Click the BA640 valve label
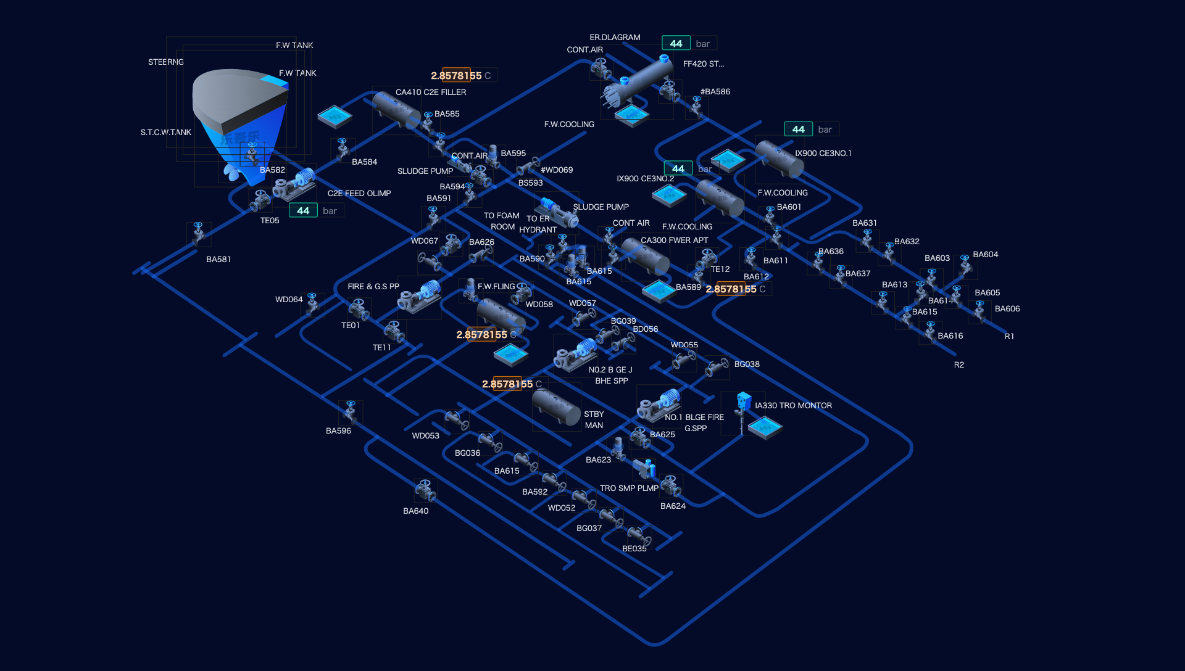tap(415, 511)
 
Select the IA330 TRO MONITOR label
tap(793, 405)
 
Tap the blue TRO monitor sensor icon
tap(744, 401)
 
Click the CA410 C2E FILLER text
tap(431, 92)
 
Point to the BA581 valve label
tap(218, 259)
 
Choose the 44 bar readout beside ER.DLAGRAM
tap(689, 43)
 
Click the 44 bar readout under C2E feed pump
tap(315, 210)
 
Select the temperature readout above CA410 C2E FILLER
tap(462, 75)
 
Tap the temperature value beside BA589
tap(736, 289)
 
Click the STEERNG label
tap(165, 62)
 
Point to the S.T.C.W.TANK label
tap(165, 132)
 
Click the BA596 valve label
tap(338, 430)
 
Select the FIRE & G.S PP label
tap(373, 286)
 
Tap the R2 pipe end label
tap(958, 364)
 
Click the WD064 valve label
tap(289, 299)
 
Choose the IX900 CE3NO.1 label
tap(823, 153)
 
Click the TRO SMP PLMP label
tap(629, 488)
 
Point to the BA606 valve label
tap(1007, 308)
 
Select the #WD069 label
tap(556, 170)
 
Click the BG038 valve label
tap(747, 364)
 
